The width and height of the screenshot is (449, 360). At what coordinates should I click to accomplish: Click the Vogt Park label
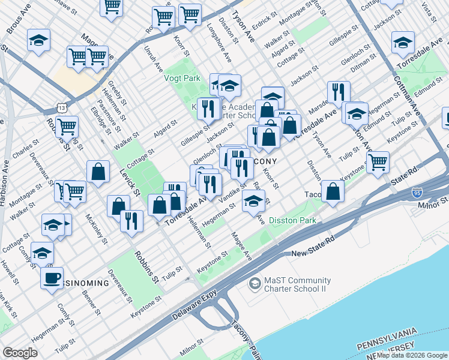[182, 78]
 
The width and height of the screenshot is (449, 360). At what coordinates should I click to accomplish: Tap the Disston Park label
[292, 221]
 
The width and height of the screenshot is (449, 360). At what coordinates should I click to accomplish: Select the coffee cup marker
[52, 278]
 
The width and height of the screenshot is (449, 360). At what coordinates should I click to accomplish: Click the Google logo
[20, 353]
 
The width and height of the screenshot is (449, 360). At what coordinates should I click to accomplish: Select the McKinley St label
[96, 229]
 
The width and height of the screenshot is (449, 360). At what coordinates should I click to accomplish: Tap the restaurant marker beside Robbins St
[131, 221]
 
